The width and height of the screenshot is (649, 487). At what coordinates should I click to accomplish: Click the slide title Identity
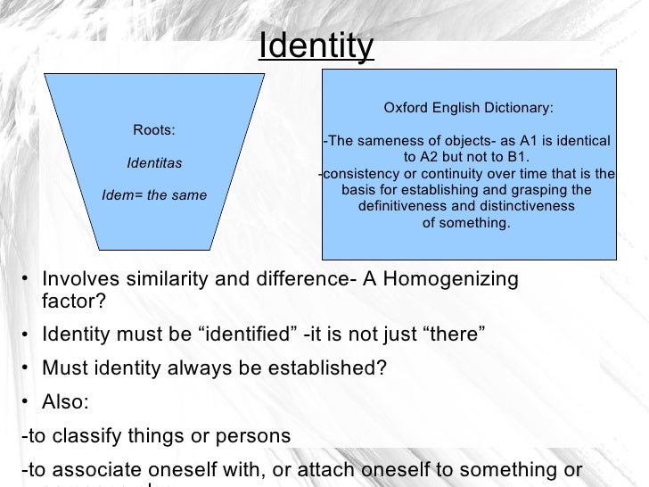tap(316, 45)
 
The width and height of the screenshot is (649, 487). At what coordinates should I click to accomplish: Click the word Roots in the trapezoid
tap(152, 130)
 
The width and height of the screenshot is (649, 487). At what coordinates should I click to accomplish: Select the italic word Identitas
tap(154, 163)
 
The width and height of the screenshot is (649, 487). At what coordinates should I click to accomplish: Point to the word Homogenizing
tap(446, 279)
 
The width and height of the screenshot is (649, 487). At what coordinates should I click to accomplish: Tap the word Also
tap(64, 402)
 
